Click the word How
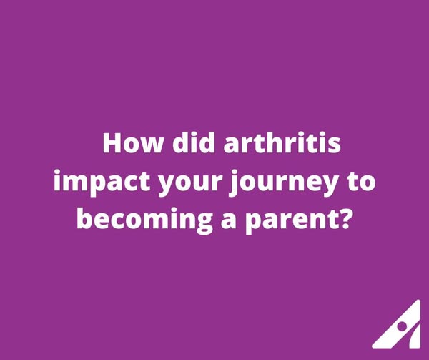click(x=132, y=143)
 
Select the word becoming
click(x=144, y=221)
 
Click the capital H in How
click(x=112, y=143)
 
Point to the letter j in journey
click(x=234, y=183)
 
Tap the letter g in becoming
click(x=204, y=224)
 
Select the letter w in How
click(x=152, y=145)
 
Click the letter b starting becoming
click(x=84, y=218)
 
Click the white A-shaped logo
click(x=397, y=324)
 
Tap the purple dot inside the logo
click(x=402, y=326)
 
